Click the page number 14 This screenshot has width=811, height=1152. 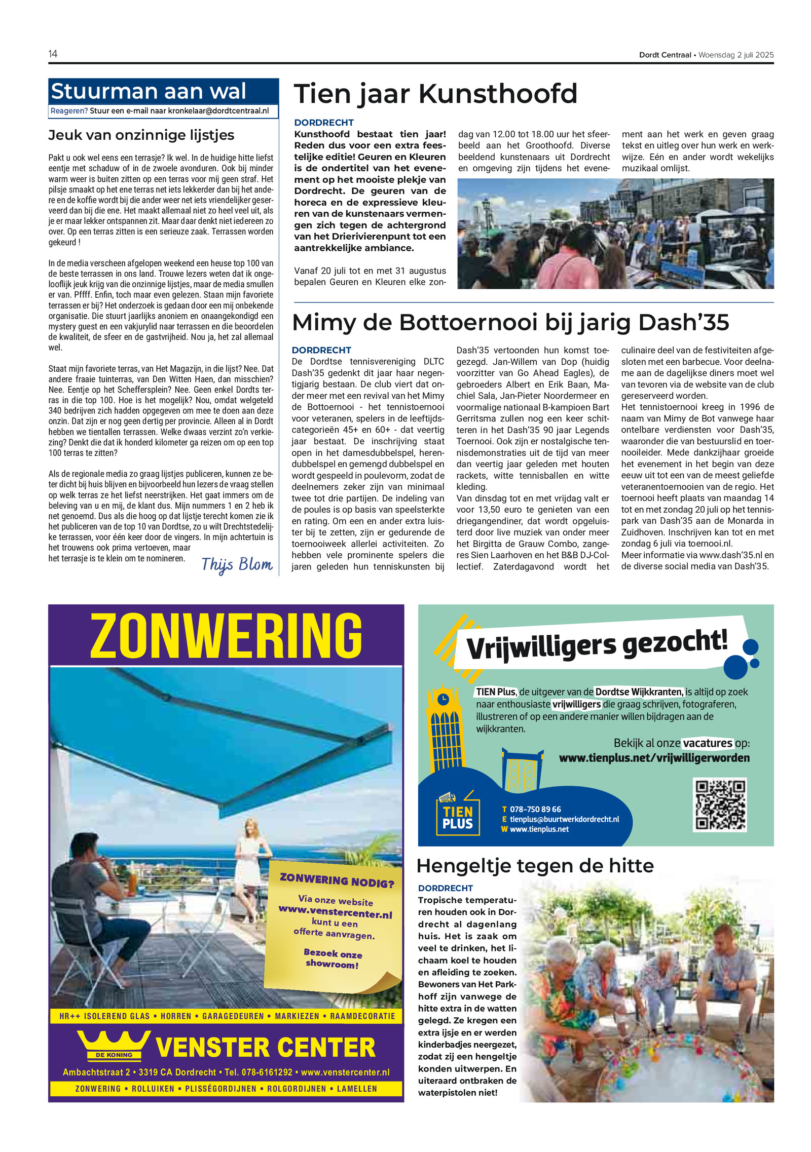pos(53,54)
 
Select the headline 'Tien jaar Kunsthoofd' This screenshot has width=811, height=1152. pos(435,94)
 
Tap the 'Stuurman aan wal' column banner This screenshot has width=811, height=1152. pos(149,92)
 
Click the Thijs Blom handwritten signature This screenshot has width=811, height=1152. pos(237,564)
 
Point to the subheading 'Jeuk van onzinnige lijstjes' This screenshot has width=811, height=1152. pos(141,135)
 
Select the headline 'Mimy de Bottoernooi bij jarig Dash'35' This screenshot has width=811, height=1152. pos(510,323)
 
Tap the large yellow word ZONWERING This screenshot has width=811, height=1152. pos(226,635)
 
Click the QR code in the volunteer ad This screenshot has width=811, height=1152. pos(719,804)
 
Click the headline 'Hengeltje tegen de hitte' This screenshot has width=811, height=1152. pos(535,866)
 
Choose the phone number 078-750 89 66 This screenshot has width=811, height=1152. pos(535,810)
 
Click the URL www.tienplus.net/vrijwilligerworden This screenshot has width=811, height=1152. pos(654,758)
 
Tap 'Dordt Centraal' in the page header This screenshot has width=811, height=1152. pos(665,55)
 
